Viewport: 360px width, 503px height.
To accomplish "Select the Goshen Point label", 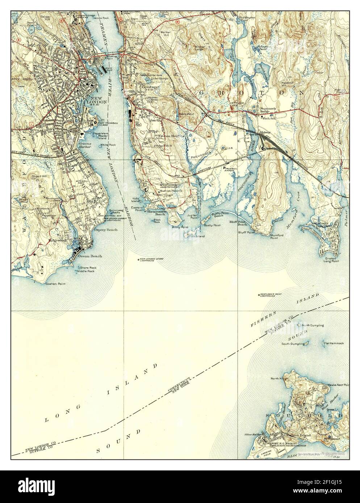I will [x=55, y=284].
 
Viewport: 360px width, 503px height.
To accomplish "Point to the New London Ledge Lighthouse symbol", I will [x=139, y=259].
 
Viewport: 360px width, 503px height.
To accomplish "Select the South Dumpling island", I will [x=306, y=342].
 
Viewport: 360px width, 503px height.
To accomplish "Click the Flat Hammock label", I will [x=334, y=343].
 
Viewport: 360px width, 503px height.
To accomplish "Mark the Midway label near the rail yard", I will [x=265, y=133].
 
